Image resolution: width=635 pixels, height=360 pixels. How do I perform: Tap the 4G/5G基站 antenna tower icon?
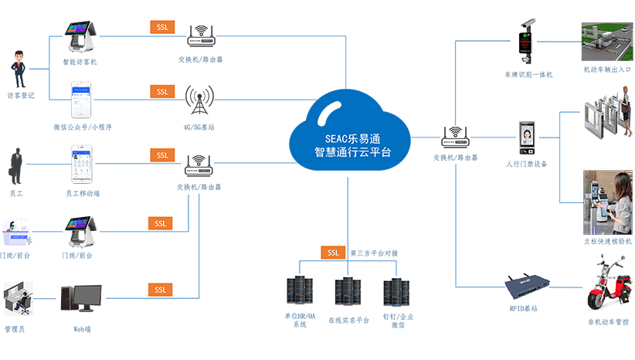point(199,100)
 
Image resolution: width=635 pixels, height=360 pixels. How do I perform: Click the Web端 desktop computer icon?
point(81,304)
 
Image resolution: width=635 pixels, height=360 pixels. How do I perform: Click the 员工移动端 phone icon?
point(82,164)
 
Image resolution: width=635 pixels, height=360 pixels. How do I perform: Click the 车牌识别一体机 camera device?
point(527,44)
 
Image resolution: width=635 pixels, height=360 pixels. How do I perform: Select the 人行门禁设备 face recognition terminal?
point(527,138)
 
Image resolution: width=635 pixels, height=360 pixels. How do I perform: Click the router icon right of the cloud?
point(456,137)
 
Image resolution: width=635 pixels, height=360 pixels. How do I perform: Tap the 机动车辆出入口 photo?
point(606,42)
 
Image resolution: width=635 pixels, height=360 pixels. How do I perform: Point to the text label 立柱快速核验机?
point(607,241)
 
